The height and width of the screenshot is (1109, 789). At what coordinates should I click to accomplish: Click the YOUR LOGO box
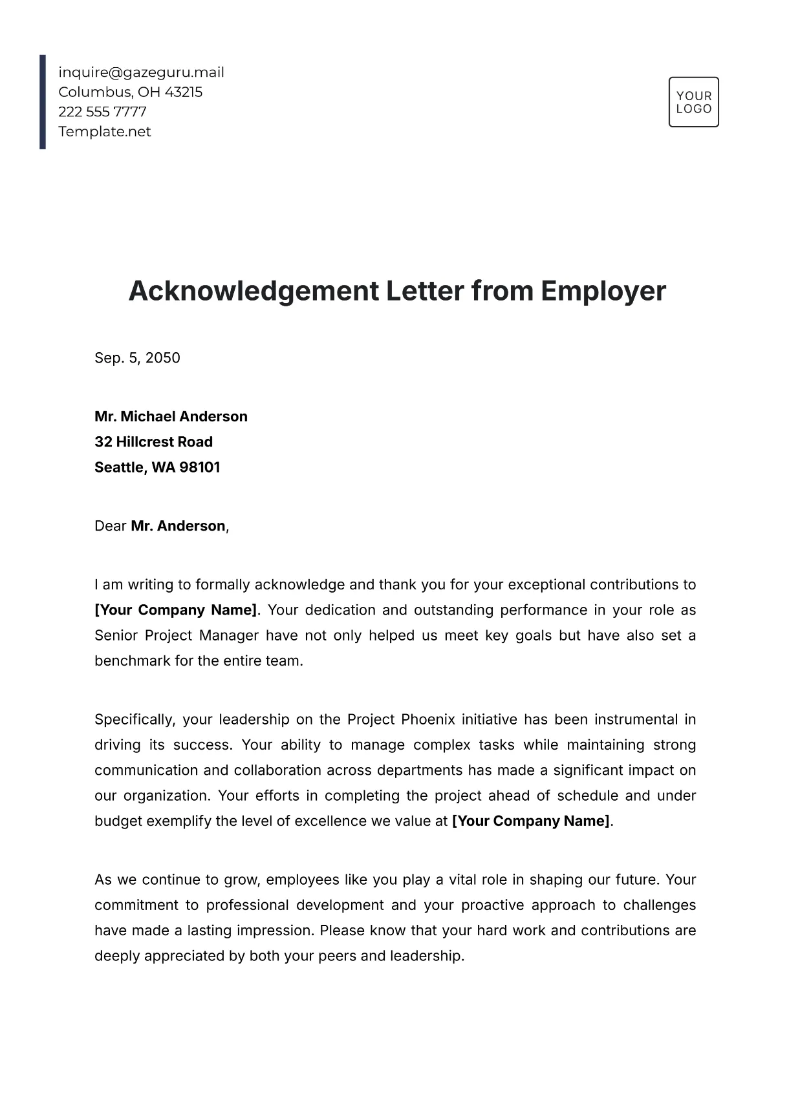pyautogui.click(x=693, y=102)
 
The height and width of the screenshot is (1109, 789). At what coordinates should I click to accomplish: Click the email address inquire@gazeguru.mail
pyautogui.click(x=141, y=72)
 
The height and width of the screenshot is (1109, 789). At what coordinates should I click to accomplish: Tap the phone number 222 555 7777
pyautogui.click(x=102, y=112)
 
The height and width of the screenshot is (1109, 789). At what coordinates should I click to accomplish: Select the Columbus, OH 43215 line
pyautogui.click(x=130, y=92)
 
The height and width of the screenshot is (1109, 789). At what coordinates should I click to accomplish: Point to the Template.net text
pyautogui.click(x=105, y=132)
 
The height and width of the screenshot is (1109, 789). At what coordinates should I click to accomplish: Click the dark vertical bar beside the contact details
pyautogui.click(x=43, y=102)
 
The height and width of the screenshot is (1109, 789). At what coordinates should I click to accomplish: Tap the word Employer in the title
pyautogui.click(x=603, y=291)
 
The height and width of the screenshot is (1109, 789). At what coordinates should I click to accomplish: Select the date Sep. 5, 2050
pyautogui.click(x=137, y=358)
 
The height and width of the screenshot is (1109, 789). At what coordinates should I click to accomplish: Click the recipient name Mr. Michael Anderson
pyautogui.click(x=171, y=417)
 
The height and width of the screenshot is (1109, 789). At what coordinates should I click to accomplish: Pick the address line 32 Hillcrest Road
pyautogui.click(x=153, y=442)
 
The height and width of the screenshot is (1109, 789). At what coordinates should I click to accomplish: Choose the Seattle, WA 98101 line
pyautogui.click(x=157, y=467)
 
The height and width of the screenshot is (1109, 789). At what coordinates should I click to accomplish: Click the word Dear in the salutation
pyautogui.click(x=110, y=526)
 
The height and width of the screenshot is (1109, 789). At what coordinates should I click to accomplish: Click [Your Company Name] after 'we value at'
pyautogui.click(x=531, y=821)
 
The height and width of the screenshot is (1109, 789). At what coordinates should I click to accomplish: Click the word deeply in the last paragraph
pyautogui.click(x=116, y=956)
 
